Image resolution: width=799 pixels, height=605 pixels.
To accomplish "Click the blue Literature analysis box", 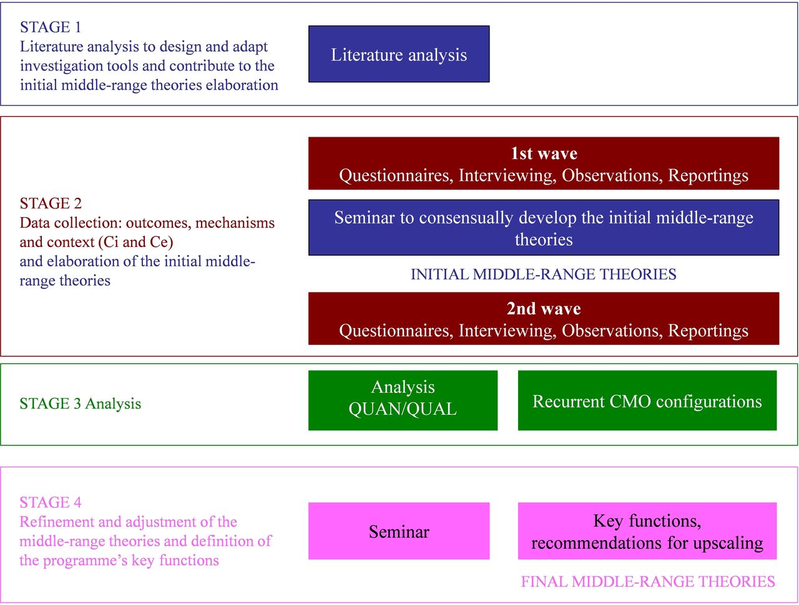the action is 399,54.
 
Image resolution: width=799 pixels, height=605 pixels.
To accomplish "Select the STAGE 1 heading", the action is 50,27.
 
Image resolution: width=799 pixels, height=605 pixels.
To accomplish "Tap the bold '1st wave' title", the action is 544,153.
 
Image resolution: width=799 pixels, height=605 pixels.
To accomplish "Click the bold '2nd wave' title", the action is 544,308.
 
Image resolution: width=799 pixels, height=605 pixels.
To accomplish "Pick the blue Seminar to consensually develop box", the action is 544,227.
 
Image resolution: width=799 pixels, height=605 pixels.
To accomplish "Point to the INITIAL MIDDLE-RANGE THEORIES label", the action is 544,274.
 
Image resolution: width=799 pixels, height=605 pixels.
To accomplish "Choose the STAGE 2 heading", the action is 51,203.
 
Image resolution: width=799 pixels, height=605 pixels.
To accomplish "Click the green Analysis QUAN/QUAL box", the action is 403,400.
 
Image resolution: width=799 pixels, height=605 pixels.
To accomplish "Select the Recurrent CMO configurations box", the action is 647,400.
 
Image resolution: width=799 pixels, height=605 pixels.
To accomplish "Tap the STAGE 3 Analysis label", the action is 80,404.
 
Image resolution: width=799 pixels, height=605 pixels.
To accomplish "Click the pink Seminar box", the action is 399,531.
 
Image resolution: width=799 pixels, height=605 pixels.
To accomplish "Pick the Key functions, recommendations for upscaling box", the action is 647,531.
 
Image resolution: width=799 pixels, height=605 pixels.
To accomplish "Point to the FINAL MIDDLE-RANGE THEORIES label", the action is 648,581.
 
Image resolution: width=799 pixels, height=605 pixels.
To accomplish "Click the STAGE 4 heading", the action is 51,503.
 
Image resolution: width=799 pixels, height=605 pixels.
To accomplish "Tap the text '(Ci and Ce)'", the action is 135,242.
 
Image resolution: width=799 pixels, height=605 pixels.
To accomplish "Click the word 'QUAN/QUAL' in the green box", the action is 403,409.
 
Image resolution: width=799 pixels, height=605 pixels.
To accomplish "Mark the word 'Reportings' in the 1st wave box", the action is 708,176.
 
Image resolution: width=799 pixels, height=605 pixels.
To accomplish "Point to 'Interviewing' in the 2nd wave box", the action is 507,331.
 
